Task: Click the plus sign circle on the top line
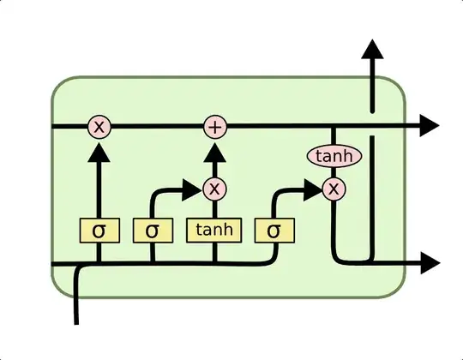[x=215, y=128]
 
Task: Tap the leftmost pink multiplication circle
[x=99, y=128]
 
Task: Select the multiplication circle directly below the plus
[x=215, y=188]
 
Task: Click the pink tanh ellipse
[x=334, y=156]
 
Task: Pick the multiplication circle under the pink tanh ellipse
[x=334, y=188]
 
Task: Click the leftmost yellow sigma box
[x=99, y=230]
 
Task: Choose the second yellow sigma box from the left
[x=153, y=230]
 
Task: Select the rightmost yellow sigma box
[x=274, y=230]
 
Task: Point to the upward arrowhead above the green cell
[x=373, y=50]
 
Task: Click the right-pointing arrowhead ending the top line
[x=429, y=128]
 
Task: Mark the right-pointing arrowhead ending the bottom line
[x=429, y=263]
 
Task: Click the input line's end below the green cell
[x=78, y=321]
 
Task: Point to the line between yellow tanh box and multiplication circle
[x=215, y=208]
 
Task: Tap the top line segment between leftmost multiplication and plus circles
[x=157, y=128]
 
